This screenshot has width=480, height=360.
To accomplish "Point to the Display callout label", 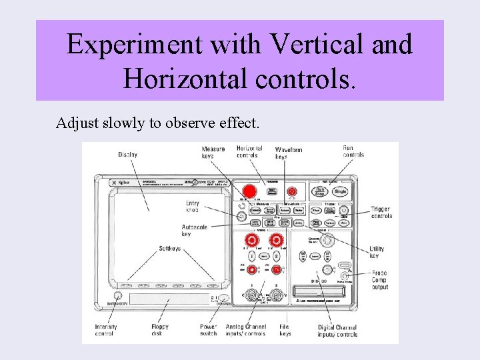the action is point(127,155).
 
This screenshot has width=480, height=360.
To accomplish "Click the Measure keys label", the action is point(213,152).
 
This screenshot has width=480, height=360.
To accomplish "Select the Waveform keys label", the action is point(288,153).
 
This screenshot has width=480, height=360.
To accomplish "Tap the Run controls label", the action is point(353,151).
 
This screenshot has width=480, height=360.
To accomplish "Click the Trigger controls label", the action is point(381,213).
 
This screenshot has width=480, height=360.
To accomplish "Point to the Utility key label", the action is point(377,252).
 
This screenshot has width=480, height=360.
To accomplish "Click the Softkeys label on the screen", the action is point(169,249).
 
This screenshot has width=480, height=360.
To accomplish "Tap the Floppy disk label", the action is point(160,330).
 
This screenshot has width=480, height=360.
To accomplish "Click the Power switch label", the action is point(209,330).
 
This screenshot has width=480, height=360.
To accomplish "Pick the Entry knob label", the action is point(192,207).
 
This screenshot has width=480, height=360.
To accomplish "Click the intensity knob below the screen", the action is point(117,296).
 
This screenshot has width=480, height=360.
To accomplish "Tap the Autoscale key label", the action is point(194,231).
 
